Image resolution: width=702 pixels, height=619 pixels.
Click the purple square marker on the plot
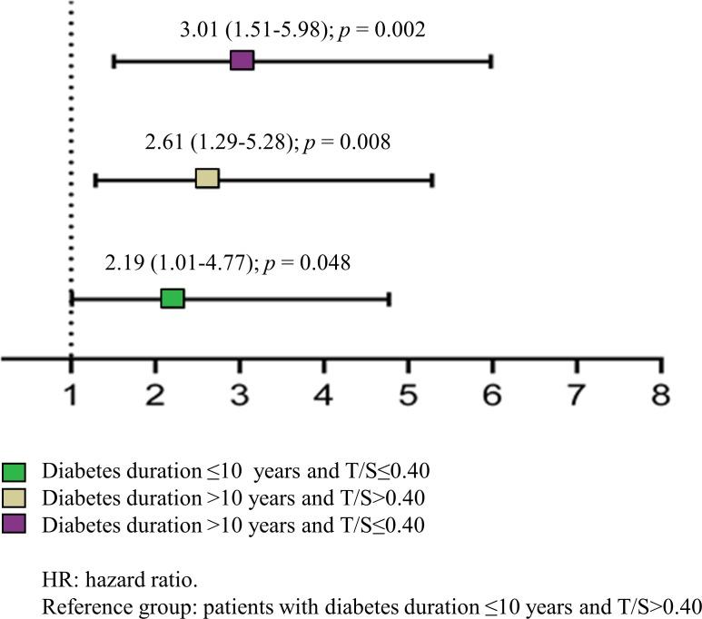[242, 61]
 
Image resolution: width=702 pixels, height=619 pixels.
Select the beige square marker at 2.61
[207, 179]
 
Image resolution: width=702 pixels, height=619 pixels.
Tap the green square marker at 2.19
[173, 298]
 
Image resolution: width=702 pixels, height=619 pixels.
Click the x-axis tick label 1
[71, 395]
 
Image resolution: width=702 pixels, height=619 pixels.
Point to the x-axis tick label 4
[323, 395]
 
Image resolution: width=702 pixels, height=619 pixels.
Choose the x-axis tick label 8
[660, 395]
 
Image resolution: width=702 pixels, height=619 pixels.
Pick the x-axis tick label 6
[492, 395]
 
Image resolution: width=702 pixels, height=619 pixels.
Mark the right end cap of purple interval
[491, 61]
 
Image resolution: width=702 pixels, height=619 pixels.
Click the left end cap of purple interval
[113, 61]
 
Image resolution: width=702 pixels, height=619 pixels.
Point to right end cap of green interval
[389, 298]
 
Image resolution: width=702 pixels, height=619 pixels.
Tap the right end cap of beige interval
[432, 179]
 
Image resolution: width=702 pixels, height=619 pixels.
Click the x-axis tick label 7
[576, 395]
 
